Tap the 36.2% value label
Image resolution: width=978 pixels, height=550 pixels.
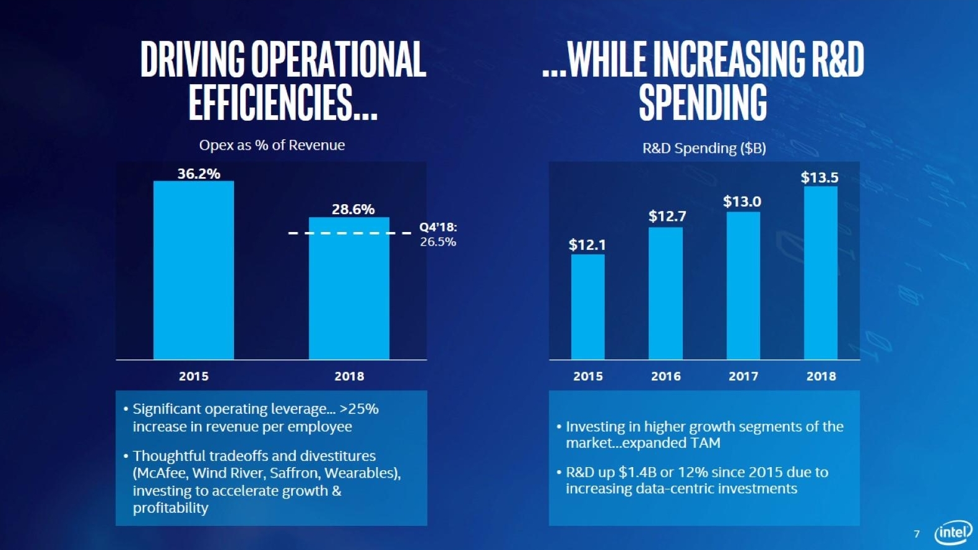[x=199, y=174]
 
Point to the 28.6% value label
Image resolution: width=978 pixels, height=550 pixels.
[x=353, y=210]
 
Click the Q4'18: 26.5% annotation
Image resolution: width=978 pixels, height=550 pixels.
[x=438, y=234]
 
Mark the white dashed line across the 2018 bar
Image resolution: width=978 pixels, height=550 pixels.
[x=349, y=233]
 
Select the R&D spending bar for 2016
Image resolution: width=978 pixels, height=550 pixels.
[x=665, y=293]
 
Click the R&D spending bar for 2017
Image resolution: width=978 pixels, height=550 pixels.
[x=743, y=286]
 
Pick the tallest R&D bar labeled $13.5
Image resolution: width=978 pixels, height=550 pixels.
[x=821, y=273]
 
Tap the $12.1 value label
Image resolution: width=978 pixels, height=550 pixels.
[x=587, y=245]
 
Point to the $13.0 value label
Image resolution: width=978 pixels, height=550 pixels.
[x=742, y=202]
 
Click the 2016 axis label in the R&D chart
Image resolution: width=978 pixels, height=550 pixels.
[x=665, y=376]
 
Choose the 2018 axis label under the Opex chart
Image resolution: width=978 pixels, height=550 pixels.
[x=349, y=376]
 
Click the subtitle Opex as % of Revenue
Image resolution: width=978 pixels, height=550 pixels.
[x=272, y=145]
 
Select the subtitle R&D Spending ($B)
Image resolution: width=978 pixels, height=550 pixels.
[x=704, y=148]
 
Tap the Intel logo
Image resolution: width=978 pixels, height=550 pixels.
[x=953, y=532]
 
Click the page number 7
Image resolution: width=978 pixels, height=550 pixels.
[x=917, y=533]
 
